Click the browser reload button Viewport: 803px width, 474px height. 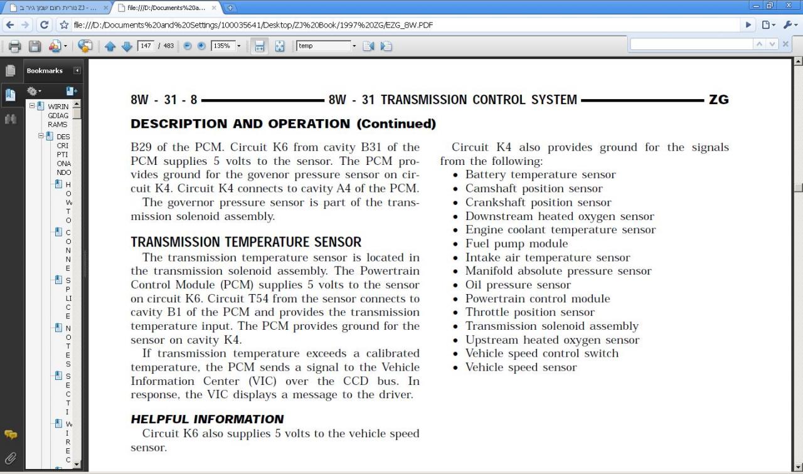click(x=44, y=25)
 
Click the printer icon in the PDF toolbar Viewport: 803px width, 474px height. click(x=15, y=46)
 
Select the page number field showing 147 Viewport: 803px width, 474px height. click(x=146, y=46)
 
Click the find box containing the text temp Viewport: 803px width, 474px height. click(x=323, y=46)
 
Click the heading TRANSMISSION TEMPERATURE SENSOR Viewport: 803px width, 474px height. click(x=246, y=242)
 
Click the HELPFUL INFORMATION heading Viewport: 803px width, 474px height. click(x=207, y=419)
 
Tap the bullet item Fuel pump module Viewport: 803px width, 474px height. click(x=516, y=243)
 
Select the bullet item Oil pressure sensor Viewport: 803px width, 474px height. click(x=518, y=285)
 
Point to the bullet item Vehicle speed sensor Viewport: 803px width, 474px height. click(x=521, y=367)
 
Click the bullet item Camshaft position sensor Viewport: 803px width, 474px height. click(x=534, y=188)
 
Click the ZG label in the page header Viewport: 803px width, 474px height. click(x=718, y=100)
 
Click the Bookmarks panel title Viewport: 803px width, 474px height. click(x=45, y=71)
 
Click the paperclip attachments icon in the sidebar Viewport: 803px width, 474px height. click(x=11, y=458)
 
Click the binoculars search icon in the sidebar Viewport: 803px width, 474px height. click(x=11, y=118)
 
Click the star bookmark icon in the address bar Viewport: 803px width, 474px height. click(x=64, y=25)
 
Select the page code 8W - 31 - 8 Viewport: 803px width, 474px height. click(x=164, y=100)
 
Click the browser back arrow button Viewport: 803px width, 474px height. click(x=9, y=25)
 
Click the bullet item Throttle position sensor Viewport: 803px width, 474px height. click(x=530, y=312)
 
